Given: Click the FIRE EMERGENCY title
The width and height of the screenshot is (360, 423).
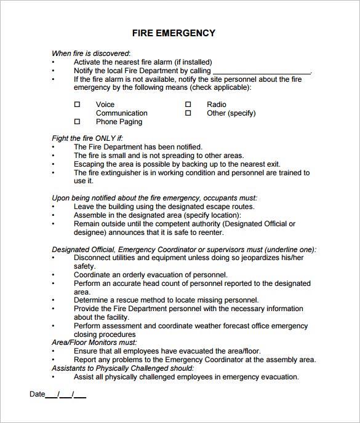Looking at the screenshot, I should [x=174, y=33].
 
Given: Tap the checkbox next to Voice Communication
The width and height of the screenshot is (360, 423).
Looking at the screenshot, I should [x=78, y=105].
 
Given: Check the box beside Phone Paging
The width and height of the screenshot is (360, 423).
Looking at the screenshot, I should [x=78, y=122].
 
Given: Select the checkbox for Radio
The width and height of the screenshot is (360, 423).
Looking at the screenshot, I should [x=188, y=105].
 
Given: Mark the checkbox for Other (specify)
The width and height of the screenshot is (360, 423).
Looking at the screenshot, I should [x=188, y=113].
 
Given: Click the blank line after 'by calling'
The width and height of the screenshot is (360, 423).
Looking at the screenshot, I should [x=261, y=72].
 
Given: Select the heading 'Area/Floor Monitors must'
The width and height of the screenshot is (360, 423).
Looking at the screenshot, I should [x=94, y=342].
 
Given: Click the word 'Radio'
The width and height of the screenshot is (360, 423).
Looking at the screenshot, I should [x=217, y=105].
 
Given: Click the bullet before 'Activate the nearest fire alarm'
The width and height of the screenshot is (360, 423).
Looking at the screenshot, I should [x=53, y=63].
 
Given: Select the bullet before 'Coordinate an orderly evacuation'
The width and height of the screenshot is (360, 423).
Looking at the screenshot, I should [x=53, y=275].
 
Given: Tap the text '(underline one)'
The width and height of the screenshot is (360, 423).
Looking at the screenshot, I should [x=288, y=250].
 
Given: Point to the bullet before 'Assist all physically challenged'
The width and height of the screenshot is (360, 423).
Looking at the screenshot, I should [x=53, y=378].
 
